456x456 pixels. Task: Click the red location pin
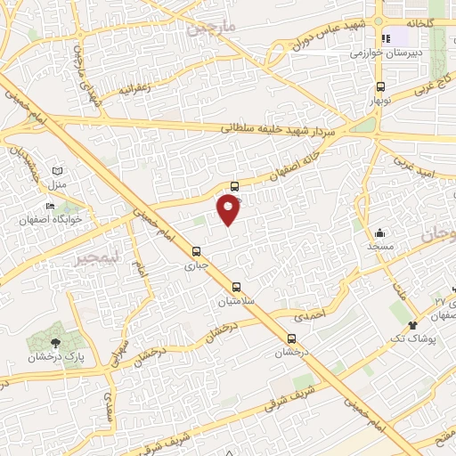(229, 209)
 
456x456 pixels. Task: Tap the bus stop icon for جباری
(196, 250)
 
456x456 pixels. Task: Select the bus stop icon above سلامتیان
(237, 287)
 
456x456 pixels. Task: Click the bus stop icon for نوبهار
(381, 87)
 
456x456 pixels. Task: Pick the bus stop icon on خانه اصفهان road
(234, 186)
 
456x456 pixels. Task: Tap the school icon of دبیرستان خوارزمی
(387, 39)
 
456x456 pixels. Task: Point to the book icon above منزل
(58, 171)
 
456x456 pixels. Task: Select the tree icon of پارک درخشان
(55, 341)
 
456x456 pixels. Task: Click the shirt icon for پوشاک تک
(412, 326)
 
